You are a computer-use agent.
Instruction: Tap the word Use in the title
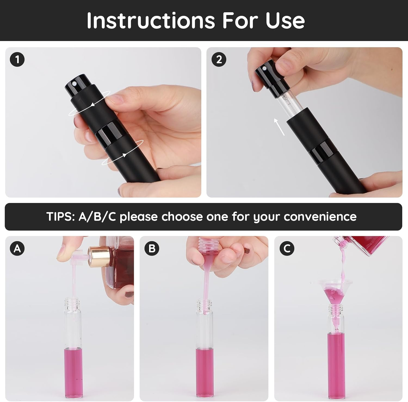tap(285, 20)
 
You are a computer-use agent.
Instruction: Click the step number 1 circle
tap(17, 59)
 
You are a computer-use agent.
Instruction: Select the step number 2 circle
tap(219, 59)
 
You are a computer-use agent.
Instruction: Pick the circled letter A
tap(17, 248)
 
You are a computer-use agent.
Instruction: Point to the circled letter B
tap(152, 248)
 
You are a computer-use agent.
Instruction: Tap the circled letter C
tap(287, 248)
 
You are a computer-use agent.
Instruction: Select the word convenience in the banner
tap(320, 217)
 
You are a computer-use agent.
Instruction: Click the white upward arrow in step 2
tap(279, 127)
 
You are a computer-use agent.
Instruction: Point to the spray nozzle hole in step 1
tap(74, 81)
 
